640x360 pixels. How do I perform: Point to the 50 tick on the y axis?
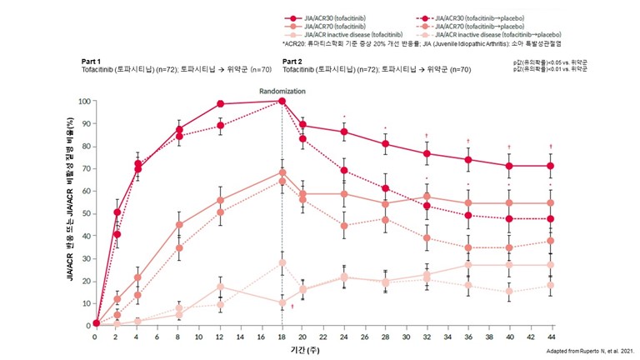click(x=84, y=212)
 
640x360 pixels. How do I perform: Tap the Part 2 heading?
click(x=292, y=62)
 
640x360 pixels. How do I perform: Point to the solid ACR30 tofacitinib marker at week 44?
click(x=551, y=166)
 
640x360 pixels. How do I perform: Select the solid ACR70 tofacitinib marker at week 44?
click(x=551, y=202)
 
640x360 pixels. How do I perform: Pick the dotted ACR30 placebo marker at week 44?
click(x=551, y=218)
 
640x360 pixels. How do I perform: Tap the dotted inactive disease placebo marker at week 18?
click(x=282, y=262)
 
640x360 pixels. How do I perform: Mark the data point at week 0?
click(x=97, y=323)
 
